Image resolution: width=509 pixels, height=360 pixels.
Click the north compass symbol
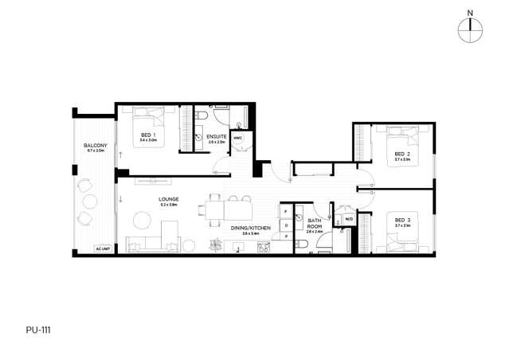point(471,28)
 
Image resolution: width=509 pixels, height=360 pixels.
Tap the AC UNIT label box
point(101,248)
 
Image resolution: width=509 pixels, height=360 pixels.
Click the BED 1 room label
point(148,136)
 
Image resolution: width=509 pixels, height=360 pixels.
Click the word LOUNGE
point(168,199)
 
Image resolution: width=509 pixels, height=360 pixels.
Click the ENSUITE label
point(216,138)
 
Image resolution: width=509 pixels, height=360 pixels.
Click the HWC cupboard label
point(238,138)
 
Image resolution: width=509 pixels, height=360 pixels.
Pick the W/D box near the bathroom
point(348,220)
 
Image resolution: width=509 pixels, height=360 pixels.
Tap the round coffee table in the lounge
point(142,218)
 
